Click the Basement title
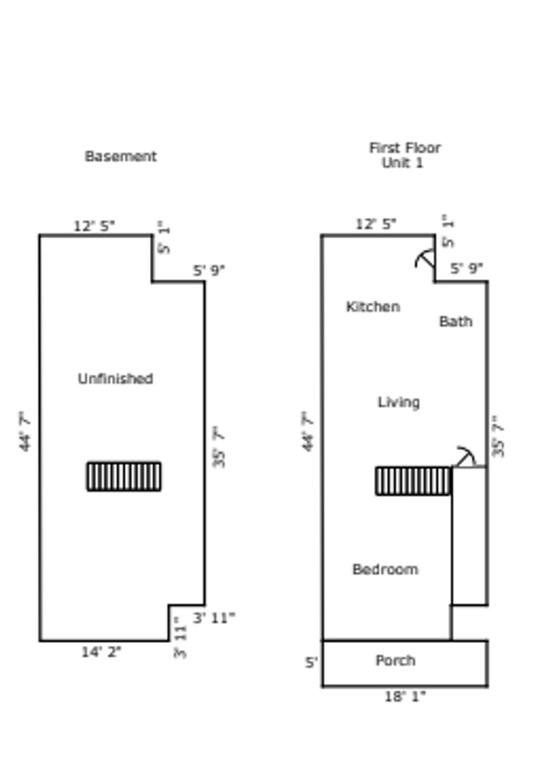(121, 156)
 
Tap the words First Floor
(405, 148)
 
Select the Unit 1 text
(402, 162)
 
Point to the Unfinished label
(116, 378)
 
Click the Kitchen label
(373, 306)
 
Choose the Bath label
(455, 321)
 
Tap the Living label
(398, 403)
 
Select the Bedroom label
(385, 569)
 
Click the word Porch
(395, 661)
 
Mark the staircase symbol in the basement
(124, 476)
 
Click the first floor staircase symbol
(413, 481)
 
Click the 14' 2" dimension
(101, 653)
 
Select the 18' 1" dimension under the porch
(405, 696)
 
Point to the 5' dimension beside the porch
(311, 662)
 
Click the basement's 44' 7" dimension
(25, 431)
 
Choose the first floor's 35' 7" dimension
(498, 436)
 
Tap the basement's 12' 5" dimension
(94, 226)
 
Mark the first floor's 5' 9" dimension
(467, 268)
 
